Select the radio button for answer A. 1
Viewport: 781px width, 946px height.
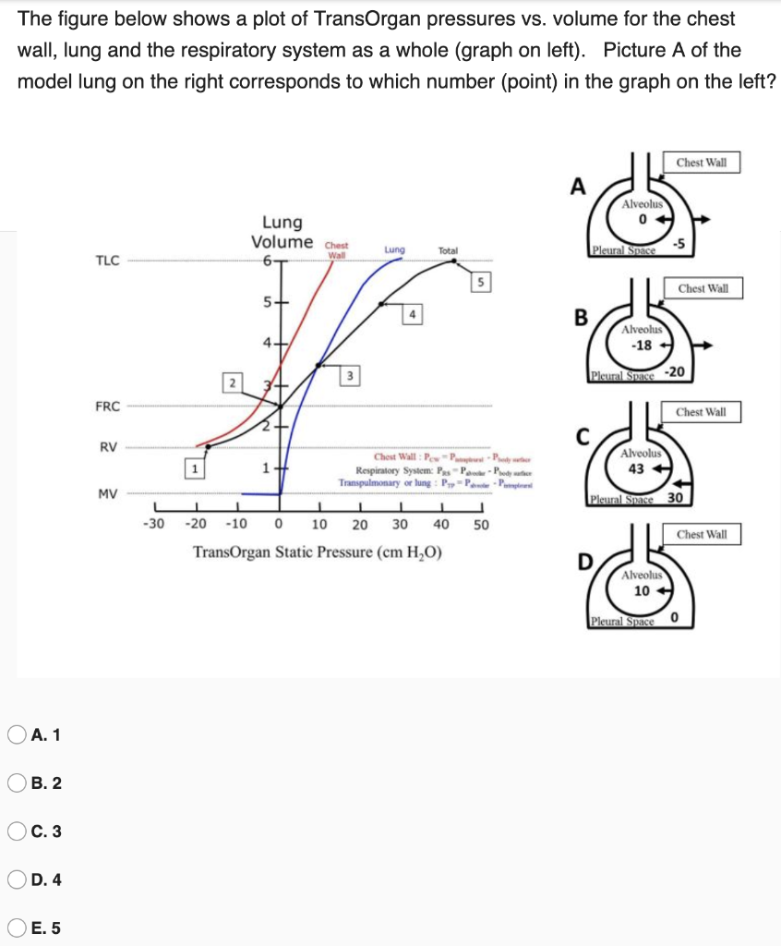(16, 735)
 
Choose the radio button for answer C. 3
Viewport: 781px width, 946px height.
(16, 831)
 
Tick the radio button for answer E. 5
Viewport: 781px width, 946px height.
(16, 928)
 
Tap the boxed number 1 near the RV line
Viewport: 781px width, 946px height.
(194, 468)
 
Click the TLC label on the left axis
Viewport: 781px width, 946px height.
(107, 260)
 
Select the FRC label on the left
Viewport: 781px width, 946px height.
(107, 406)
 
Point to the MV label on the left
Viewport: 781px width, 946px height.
(107, 493)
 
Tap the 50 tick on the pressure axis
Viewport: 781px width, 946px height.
(481, 525)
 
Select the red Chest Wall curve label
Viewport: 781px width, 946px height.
(336, 249)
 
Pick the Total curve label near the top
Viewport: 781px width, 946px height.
(448, 249)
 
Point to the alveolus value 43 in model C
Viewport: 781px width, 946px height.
(635, 468)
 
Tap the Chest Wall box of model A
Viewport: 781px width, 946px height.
(702, 164)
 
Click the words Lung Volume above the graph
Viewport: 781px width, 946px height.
(282, 232)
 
